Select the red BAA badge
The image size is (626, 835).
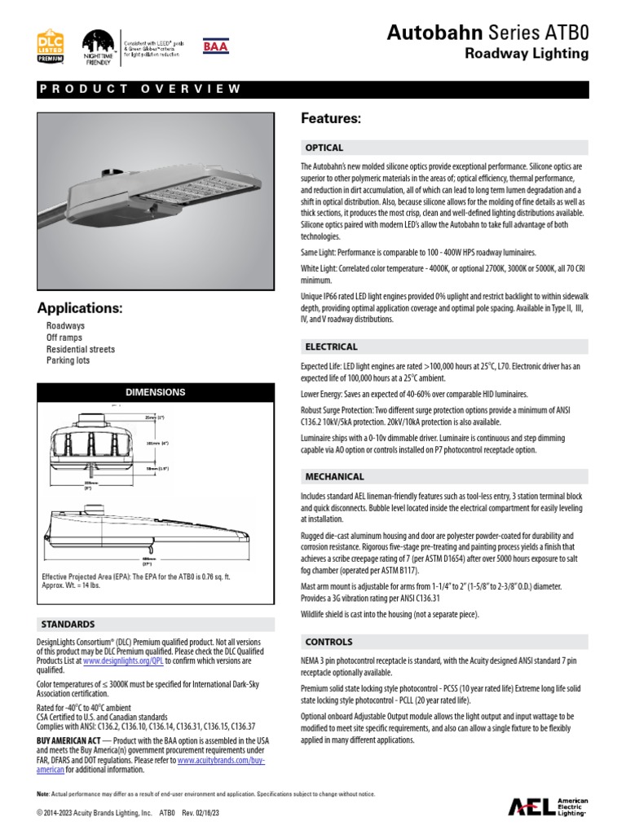click(x=215, y=46)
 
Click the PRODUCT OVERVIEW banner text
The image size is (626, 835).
click(x=140, y=90)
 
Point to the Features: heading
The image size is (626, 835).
click(x=331, y=119)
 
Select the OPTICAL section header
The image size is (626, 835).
click(x=324, y=148)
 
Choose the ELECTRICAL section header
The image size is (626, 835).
click(x=331, y=347)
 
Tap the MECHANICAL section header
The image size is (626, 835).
click(x=334, y=476)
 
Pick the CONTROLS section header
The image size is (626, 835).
click(x=328, y=642)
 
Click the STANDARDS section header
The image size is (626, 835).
click(x=68, y=624)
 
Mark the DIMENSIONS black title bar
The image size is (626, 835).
click(x=155, y=392)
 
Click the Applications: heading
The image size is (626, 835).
click(x=80, y=308)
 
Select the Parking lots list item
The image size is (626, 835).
click(x=68, y=360)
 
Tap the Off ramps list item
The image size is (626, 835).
click(x=64, y=338)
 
